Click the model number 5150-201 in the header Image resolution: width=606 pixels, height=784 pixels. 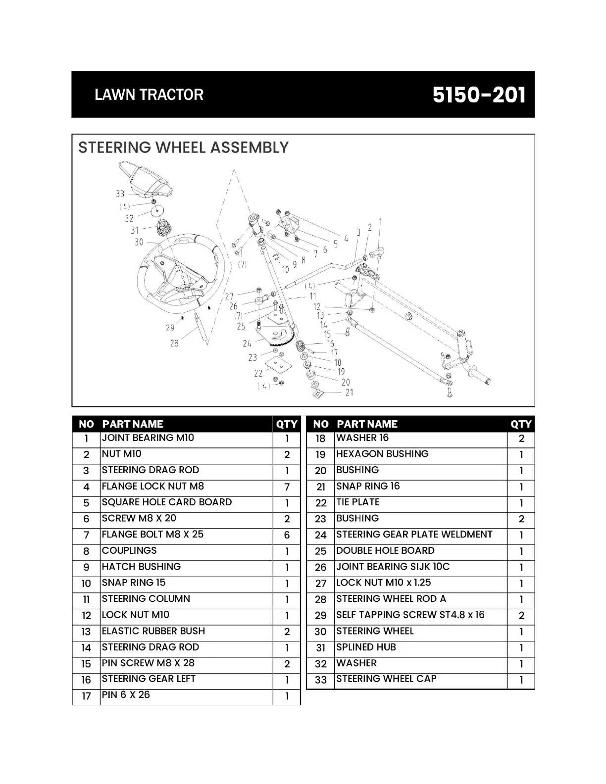pos(479,95)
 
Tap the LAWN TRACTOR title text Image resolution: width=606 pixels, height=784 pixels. pos(149,95)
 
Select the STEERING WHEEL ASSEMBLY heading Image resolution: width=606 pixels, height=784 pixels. pos(183,147)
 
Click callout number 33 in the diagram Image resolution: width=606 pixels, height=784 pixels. pos(120,194)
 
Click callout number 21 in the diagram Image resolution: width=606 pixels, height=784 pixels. pos(350,392)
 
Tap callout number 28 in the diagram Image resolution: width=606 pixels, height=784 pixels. pos(174,343)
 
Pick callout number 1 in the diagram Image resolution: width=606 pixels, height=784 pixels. pos(380,222)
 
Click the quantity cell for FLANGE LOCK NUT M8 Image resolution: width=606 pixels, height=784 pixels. pos(287,488)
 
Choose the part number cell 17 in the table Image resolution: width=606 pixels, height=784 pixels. pos(86,696)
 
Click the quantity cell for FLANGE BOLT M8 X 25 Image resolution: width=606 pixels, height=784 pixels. pos(287,536)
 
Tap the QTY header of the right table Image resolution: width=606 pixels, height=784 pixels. pos(521,424)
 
